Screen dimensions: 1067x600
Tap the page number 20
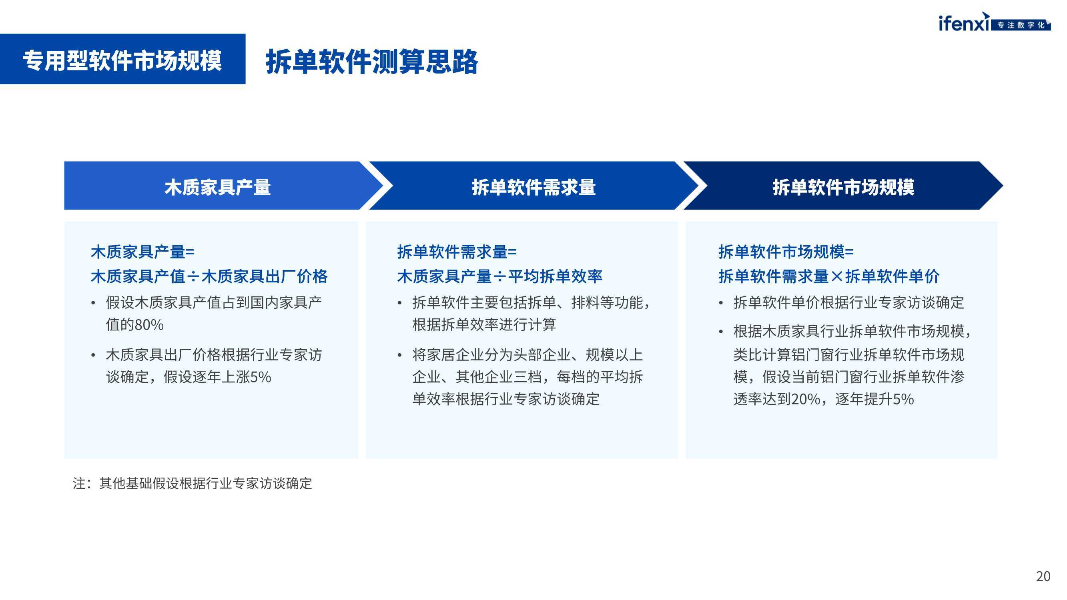point(1043,576)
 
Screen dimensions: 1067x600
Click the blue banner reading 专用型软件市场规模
point(122,59)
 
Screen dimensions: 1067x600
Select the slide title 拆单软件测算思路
point(371,62)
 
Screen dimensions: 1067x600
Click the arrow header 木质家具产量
point(217,188)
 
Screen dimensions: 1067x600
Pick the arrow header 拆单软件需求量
point(533,188)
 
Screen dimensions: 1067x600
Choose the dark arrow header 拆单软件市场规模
point(843,188)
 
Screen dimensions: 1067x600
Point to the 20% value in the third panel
point(806,399)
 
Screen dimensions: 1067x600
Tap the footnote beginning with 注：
point(192,483)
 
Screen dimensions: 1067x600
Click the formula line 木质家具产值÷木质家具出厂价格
point(209,276)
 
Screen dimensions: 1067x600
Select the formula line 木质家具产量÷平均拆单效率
point(499,276)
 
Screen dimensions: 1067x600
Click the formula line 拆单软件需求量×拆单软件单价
point(829,276)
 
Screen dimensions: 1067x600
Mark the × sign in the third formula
point(837,276)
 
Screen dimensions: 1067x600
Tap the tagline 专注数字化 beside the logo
point(1021,25)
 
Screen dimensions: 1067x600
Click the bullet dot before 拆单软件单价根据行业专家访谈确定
point(721,304)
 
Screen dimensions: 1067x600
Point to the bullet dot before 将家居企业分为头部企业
point(400,356)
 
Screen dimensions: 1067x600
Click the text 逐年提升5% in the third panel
point(874,399)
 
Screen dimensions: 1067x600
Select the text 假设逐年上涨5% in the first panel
point(217,377)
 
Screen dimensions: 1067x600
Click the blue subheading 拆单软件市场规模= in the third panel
point(786,252)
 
